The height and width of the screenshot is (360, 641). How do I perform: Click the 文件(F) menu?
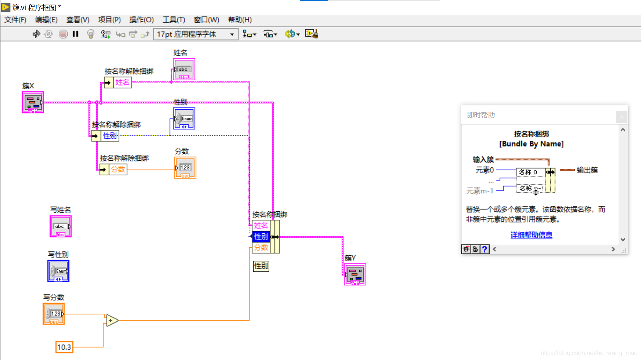tap(15, 20)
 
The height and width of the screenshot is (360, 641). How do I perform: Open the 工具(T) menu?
tap(173, 20)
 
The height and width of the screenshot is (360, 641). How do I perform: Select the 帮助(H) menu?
tap(240, 20)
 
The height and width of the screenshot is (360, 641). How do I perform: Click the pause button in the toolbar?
tap(75, 34)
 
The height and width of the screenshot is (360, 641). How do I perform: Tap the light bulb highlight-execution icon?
tap(90, 34)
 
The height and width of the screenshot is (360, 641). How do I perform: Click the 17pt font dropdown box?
tap(196, 34)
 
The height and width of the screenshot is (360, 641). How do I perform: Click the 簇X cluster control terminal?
tap(33, 102)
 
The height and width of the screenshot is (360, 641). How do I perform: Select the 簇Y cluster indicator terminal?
tap(355, 275)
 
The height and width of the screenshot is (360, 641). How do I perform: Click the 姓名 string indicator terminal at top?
tap(184, 70)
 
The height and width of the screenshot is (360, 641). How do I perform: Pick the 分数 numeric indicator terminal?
tap(185, 168)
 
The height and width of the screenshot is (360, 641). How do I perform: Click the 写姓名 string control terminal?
tap(61, 226)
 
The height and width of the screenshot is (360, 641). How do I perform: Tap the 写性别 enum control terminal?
tap(58, 271)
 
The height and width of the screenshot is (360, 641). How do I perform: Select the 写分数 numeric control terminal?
tap(54, 314)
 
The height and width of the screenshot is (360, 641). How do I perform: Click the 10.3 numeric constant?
tap(64, 347)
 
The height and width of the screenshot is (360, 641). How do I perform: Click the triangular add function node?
tap(112, 320)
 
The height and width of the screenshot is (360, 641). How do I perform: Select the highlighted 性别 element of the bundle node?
tap(261, 236)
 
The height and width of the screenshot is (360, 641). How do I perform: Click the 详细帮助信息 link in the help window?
tap(531, 235)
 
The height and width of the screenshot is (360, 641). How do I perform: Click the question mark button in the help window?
tap(485, 249)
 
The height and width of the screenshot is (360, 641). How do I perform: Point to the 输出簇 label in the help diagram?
tap(587, 170)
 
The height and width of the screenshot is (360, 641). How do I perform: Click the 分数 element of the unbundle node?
tap(118, 170)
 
